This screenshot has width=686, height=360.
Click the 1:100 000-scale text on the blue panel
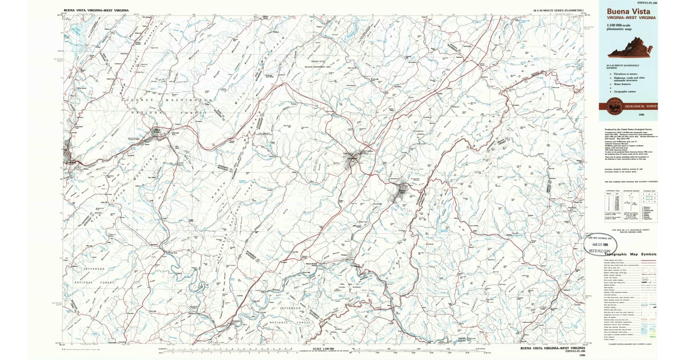click(x=621, y=24)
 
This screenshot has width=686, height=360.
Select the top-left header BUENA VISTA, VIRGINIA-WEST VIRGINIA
click(x=96, y=10)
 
